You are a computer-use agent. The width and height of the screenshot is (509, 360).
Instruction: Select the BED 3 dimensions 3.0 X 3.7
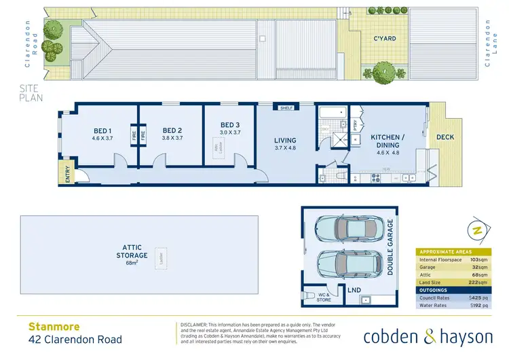(230, 133)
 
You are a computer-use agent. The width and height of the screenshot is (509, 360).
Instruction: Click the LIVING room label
(285, 141)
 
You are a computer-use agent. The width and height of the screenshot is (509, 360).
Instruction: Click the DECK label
(445, 137)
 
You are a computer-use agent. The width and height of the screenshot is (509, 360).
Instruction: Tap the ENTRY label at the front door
(67, 175)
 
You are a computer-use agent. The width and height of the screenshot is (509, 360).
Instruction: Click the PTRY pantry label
(356, 124)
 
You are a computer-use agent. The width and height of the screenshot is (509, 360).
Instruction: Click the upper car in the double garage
(344, 228)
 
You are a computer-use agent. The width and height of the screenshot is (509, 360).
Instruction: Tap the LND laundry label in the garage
(354, 290)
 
